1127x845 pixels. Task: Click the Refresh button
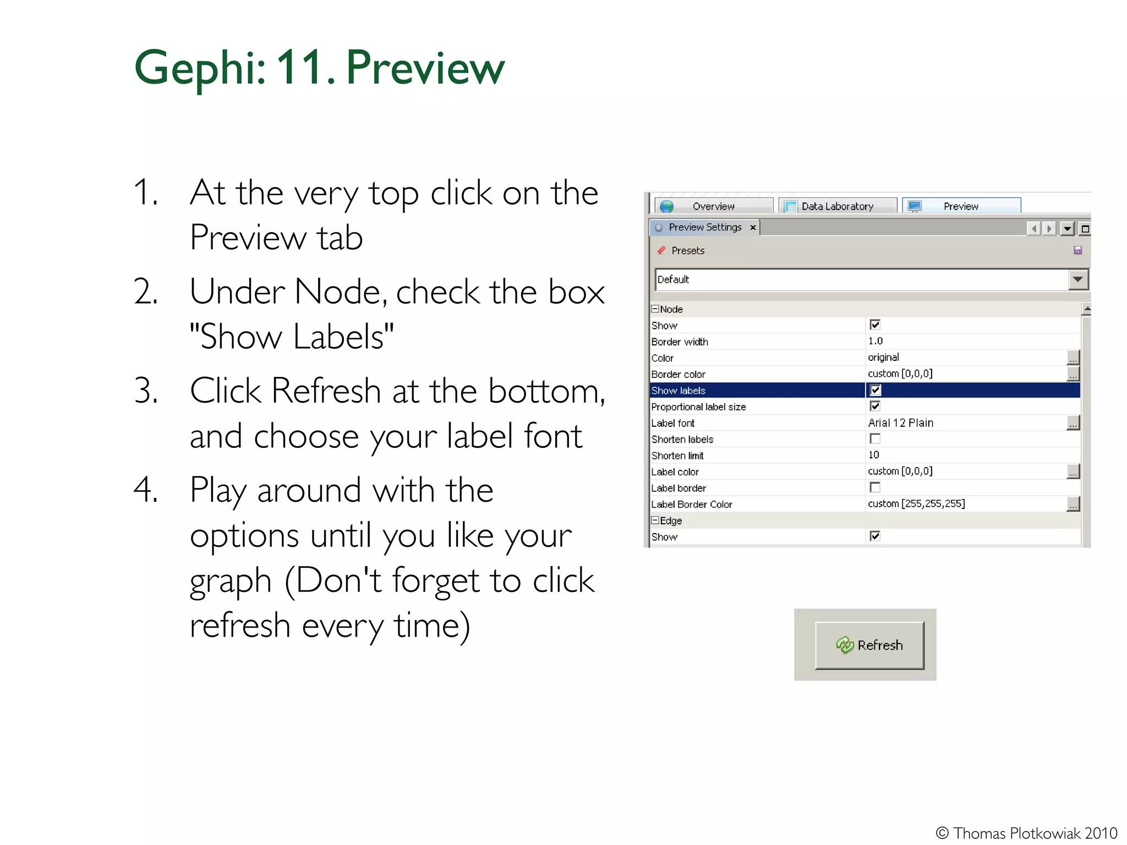(869, 645)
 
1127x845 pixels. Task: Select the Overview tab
(713, 206)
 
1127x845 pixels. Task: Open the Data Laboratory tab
(837, 206)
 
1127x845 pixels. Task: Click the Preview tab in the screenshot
(961, 206)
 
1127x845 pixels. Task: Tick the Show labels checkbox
(875, 390)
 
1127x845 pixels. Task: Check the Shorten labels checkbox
(875, 439)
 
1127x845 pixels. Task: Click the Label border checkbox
(875, 487)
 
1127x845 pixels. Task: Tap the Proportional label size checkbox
(875, 406)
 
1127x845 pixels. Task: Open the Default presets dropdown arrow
(1077, 279)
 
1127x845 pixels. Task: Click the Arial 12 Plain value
(901, 422)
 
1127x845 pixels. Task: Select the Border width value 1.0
(876, 341)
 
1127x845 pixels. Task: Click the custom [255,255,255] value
(916, 503)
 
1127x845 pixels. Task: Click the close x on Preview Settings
(753, 227)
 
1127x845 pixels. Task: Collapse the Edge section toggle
(655, 520)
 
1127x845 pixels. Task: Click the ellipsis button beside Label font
(1073, 423)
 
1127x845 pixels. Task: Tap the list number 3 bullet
(145, 391)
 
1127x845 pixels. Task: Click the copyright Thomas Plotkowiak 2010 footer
(1026, 833)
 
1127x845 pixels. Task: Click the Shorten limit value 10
(874, 455)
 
